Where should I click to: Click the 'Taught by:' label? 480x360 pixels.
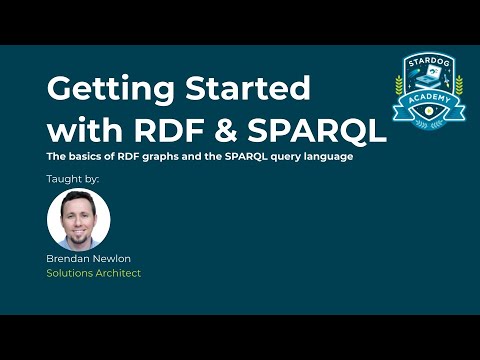coord(73,179)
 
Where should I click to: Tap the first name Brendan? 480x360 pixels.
coord(69,258)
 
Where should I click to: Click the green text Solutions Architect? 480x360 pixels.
coord(94,273)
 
